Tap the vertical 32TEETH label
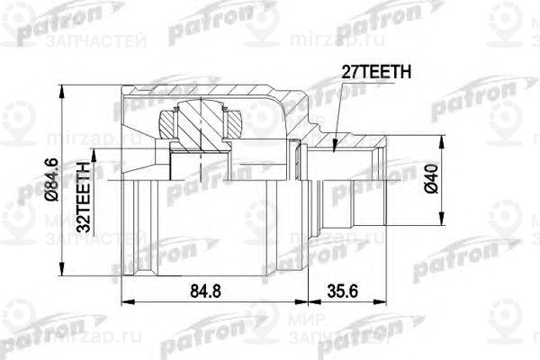coord(83,196)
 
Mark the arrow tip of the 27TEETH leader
coord(333,149)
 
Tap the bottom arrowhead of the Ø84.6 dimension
coord(63,280)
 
